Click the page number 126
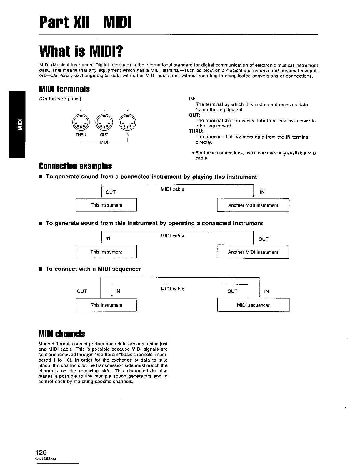click(41, 452)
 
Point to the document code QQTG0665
click(46, 459)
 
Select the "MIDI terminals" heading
click(64, 89)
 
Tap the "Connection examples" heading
click(75, 166)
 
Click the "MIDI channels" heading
click(62, 334)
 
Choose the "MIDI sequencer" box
click(253, 305)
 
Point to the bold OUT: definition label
click(194, 115)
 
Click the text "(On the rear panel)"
click(60, 99)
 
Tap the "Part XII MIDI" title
click(85, 23)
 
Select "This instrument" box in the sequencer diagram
click(106, 305)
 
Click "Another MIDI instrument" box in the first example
click(253, 205)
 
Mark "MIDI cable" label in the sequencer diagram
click(172, 289)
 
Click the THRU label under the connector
click(81, 135)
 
